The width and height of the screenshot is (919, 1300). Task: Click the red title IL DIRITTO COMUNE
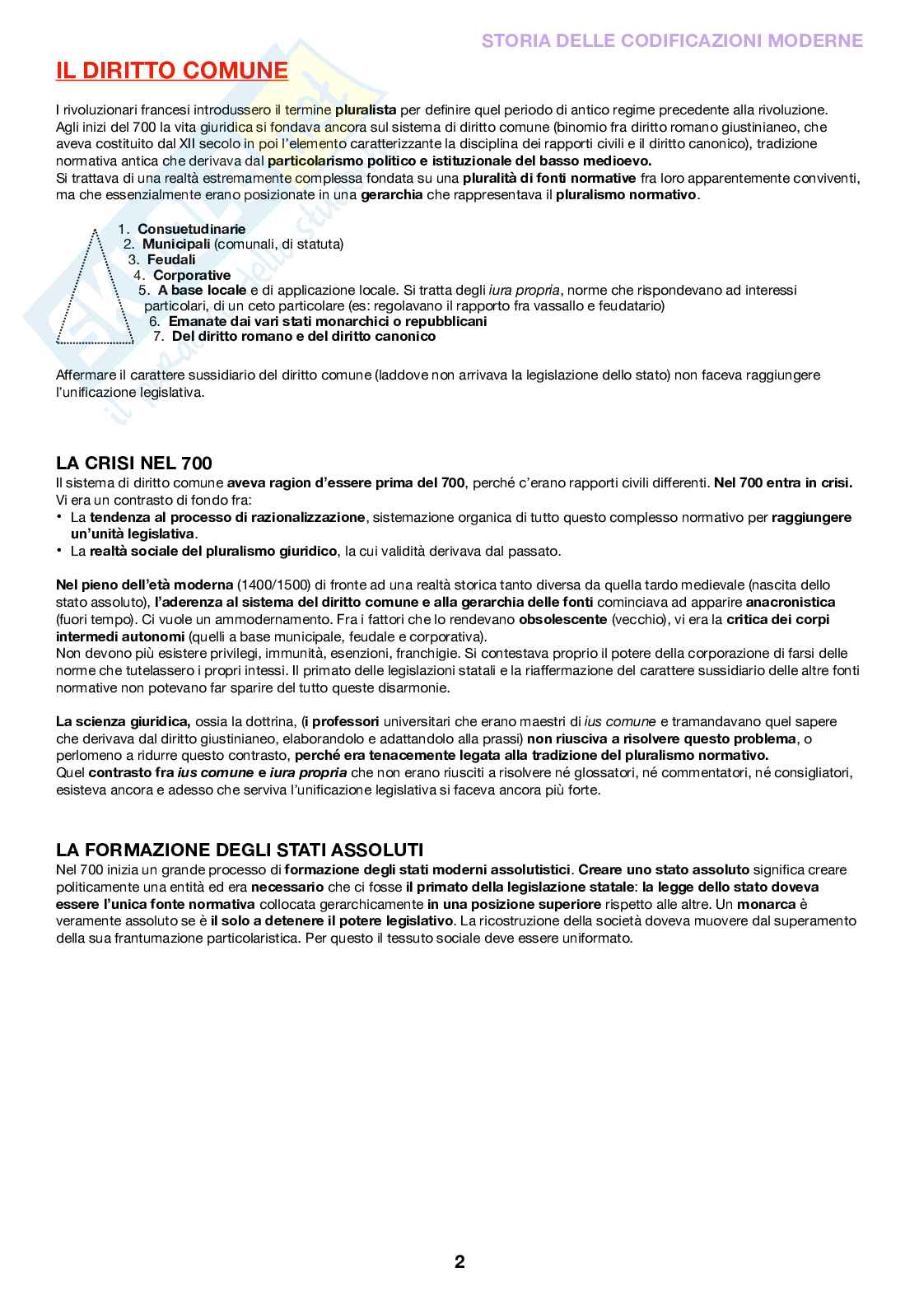point(172,72)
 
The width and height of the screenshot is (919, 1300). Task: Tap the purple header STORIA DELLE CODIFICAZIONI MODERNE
point(672,40)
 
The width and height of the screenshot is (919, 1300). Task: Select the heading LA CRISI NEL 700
point(134,463)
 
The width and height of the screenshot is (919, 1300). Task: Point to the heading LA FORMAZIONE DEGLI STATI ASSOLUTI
point(240,850)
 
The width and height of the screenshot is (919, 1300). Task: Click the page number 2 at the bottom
point(459,1261)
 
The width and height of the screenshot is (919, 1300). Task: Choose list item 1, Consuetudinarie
point(191,229)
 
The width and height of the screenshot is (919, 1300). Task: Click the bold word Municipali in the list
point(176,244)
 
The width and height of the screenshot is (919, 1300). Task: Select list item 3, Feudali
point(171,259)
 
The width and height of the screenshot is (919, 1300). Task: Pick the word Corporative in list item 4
point(192,275)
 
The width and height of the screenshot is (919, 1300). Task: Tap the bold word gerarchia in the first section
point(392,195)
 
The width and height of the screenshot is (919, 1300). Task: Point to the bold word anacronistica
point(791,602)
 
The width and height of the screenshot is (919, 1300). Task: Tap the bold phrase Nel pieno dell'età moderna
point(145,585)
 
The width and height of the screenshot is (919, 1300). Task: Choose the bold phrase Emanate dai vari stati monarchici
point(327,321)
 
